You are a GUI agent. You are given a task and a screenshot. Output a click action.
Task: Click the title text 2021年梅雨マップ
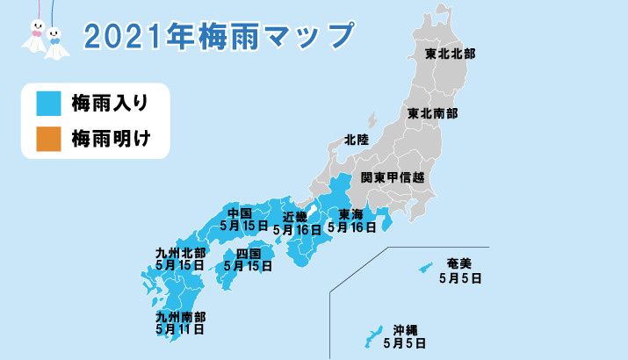point(220,36)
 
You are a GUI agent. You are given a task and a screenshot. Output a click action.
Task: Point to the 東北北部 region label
point(449,54)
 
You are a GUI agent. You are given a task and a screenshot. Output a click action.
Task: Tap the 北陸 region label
point(357,140)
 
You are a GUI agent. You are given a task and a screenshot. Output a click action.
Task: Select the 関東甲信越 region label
point(398,177)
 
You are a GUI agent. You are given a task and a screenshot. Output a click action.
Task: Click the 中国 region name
point(240,213)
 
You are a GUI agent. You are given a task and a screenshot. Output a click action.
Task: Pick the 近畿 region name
point(295,217)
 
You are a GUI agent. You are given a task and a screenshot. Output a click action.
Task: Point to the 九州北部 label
point(181,252)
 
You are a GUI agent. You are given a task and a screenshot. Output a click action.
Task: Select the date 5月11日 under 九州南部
point(180,329)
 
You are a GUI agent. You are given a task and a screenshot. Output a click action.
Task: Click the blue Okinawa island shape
point(371,335)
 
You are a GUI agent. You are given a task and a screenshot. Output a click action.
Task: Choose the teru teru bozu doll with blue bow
point(55,39)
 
